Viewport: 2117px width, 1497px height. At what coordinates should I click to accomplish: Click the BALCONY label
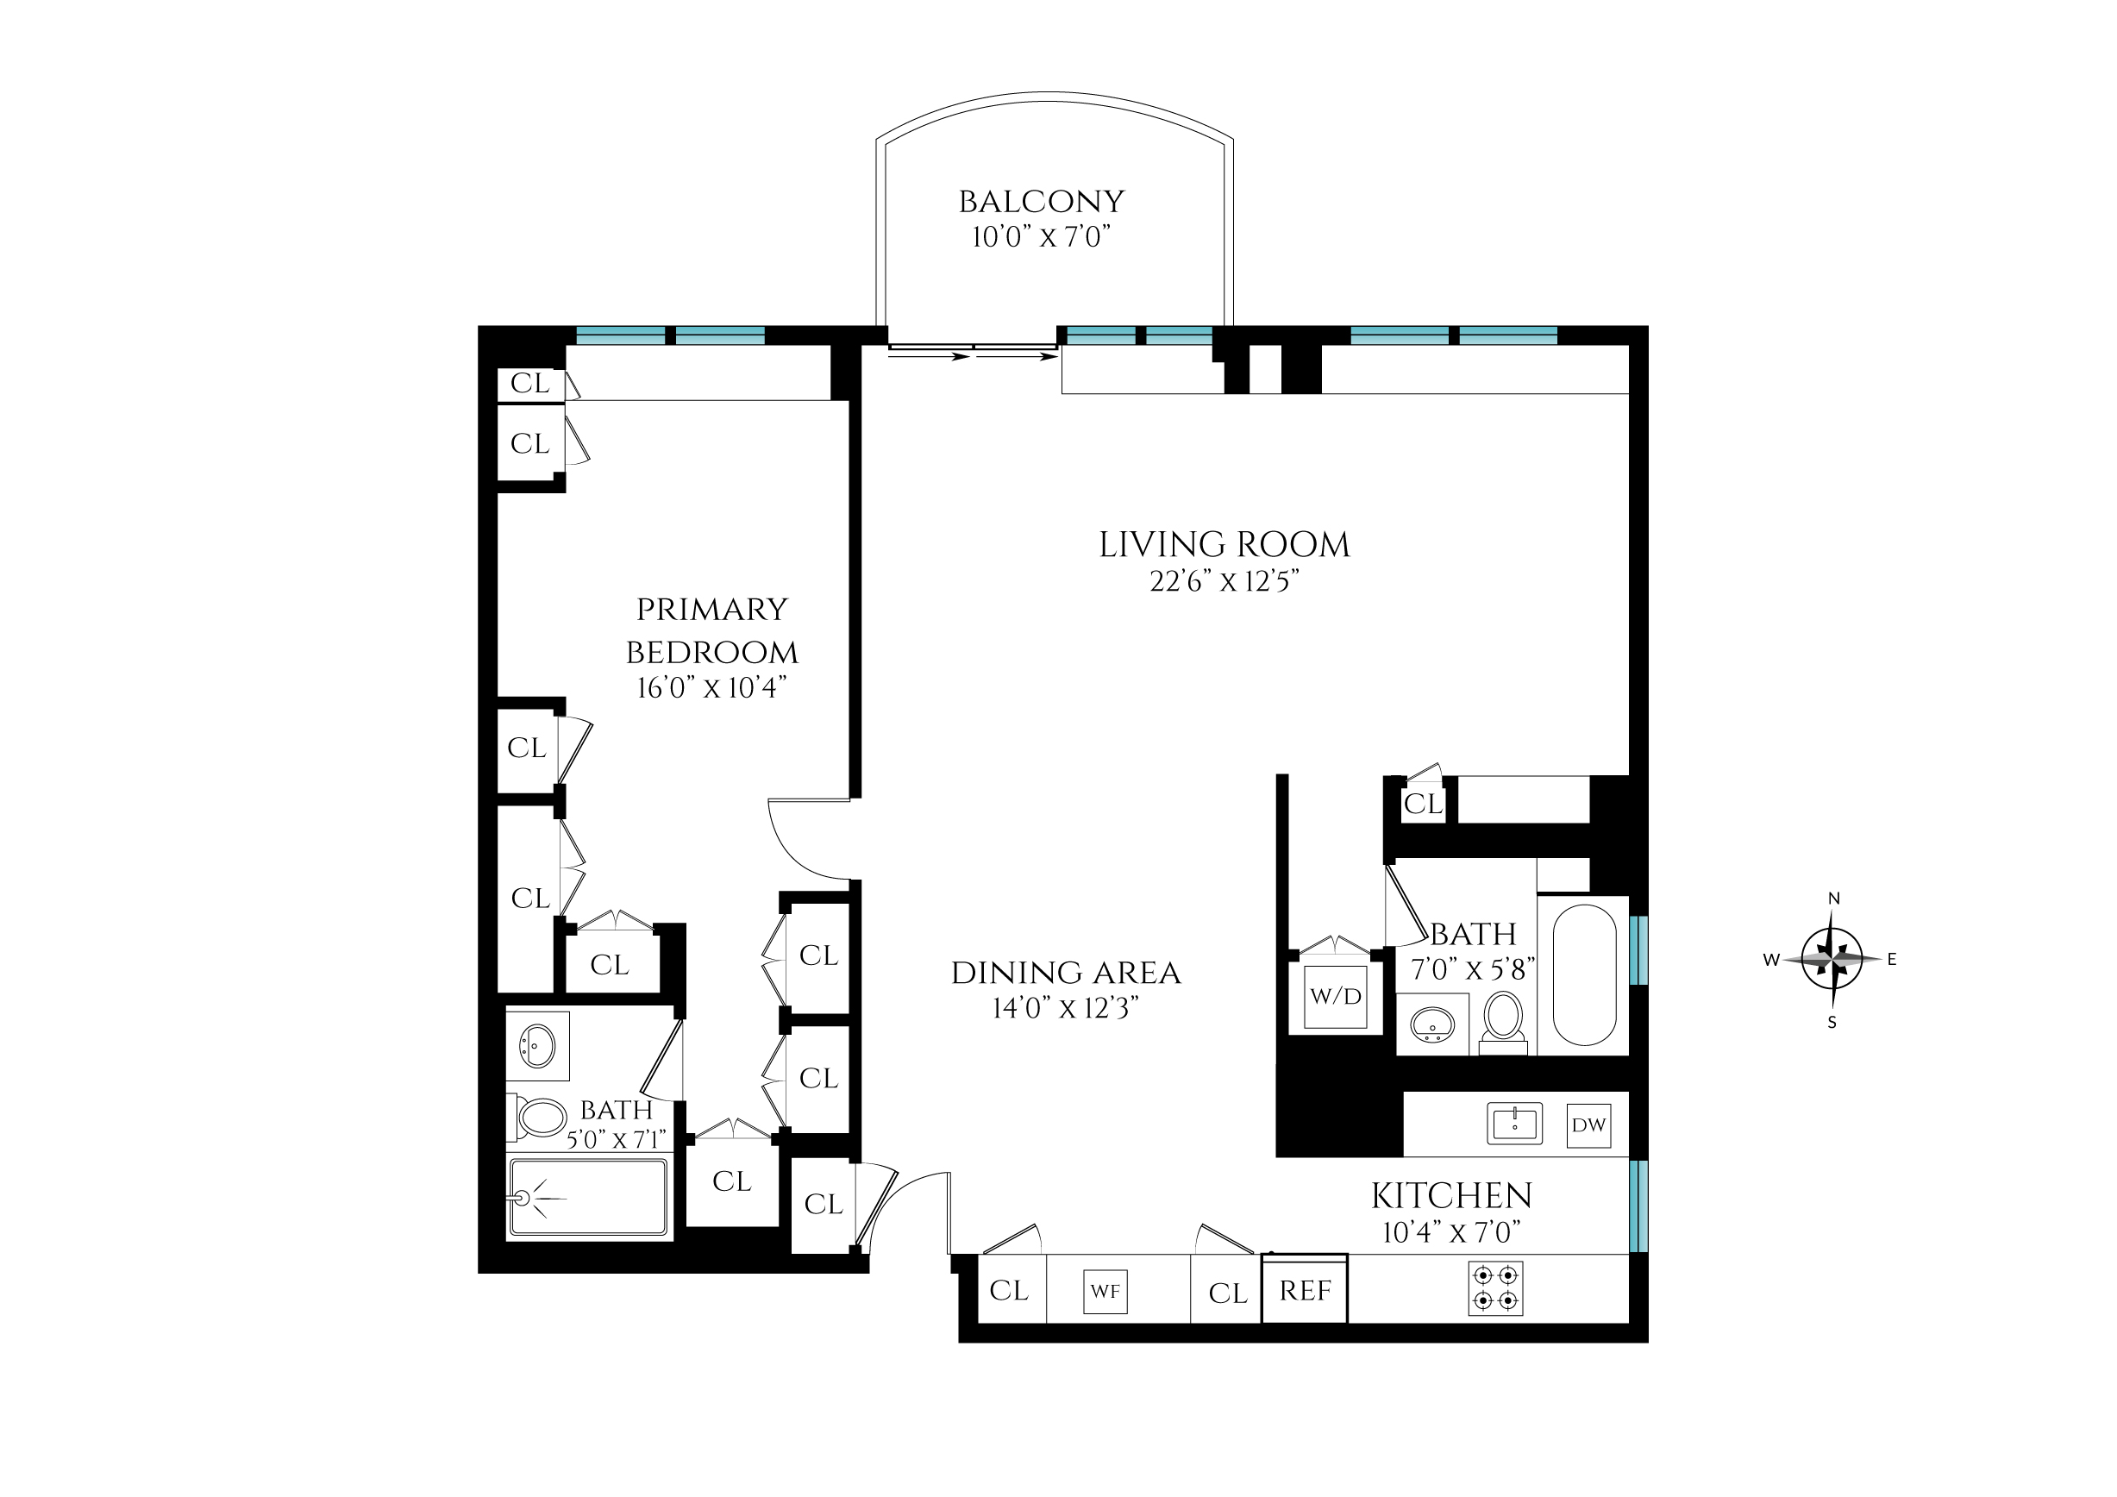click(x=1041, y=202)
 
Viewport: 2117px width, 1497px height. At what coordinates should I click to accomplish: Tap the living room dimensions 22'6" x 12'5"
click(x=1224, y=582)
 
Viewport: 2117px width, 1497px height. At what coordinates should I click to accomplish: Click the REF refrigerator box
click(x=1305, y=1291)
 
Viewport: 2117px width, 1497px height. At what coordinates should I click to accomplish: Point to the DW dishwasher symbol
click(x=1588, y=1124)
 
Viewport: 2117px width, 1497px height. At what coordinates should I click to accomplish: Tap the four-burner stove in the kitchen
click(x=1494, y=1287)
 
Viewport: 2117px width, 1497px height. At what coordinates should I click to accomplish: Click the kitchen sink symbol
click(x=1514, y=1124)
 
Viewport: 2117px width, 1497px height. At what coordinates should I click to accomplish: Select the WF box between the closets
click(x=1105, y=1292)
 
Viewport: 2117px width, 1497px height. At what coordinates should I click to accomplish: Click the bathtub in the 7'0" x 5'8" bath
click(x=1584, y=974)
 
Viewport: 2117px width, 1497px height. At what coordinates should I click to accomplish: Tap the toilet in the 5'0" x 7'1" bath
click(x=540, y=1118)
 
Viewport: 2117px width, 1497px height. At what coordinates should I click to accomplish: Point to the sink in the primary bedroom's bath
click(x=536, y=1046)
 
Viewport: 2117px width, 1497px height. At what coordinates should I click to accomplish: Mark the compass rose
click(x=1832, y=960)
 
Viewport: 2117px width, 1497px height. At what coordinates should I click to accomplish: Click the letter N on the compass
click(x=1834, y=899)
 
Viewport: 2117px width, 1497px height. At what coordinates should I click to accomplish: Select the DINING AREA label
click(x=1066, y=974)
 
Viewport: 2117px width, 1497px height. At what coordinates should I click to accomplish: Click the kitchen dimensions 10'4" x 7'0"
click(x=1450, y=1232)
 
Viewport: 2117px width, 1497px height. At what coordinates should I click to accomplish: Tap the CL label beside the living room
click(x=1423, y=804)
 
